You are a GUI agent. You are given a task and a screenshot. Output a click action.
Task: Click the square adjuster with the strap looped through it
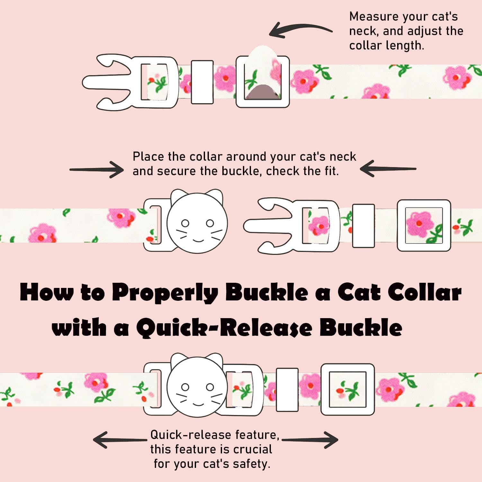[x=263, y=82]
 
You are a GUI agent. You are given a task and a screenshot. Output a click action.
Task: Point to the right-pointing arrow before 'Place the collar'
[x=96, y=169]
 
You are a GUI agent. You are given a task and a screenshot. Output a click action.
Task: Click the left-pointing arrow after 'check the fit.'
[x=388, y=169]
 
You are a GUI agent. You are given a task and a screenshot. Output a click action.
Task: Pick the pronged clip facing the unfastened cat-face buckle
[x=291, y=225]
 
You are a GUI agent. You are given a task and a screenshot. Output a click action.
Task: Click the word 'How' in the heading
[x=47, y=292]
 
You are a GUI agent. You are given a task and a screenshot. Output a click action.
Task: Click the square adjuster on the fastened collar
[x=348, y=389]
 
